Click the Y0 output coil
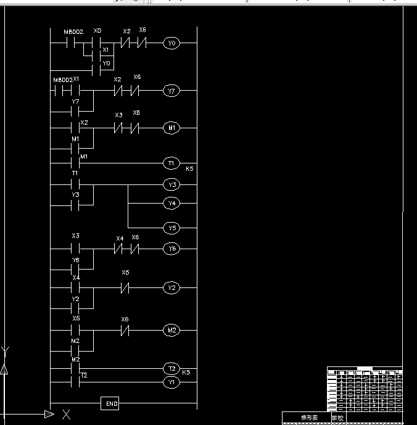click(x=171, y=43)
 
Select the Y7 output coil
click(x=171, y=91)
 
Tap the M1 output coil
click(x=171, y=128)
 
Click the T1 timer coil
click(x=171, y=163)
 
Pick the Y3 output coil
click(x=172, y=184)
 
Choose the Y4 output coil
click(x=172, y=203)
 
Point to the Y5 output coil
click(x=172, y=228)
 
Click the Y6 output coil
click(x=171, y=249)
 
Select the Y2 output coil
click(x=171, y=288)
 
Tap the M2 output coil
click(x=171, y=331)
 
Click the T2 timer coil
click(x=171, y=369)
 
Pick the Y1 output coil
click(x=171, y=382)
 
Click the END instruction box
click(x=111, y=404)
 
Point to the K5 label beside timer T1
click(x=190, y=168)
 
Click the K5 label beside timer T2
click(x=186, y=373)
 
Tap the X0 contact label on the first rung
click(x=97, y=31)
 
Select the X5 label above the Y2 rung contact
click(x=125, y=273)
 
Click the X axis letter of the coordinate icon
click(x=66, y=415)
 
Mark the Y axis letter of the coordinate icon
click(x=6, y=350)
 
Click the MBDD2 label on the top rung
click(x=73, y=31)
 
